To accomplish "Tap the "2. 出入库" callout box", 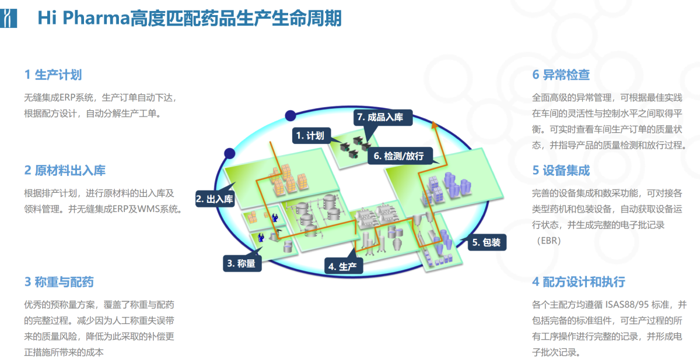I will point(214,199).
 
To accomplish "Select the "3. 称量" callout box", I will point(242,263).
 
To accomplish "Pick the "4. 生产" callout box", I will point(344,266).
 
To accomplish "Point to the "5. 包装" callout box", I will point(487,242).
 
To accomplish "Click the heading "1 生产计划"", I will point(52,75).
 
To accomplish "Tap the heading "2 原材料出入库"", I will point(65,171).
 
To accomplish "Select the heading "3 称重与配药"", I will point(59,282).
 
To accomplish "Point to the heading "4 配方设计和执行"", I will point(578,282).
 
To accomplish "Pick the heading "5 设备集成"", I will point(561,171).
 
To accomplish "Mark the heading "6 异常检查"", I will point(561,75).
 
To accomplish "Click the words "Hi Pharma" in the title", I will point(82,19).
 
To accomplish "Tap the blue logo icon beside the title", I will point(8,18).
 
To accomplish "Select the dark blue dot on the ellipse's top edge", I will point(290,115).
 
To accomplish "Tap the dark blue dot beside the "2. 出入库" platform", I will point(229,153).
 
